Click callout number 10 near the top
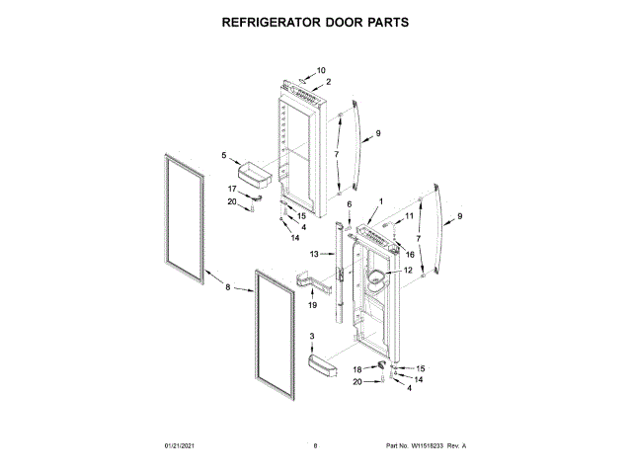320,71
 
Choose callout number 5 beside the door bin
223,156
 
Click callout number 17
233,189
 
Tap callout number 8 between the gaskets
228,288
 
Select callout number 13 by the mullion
315,255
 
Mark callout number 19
312,306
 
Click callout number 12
407,271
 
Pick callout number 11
409,215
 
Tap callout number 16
410,255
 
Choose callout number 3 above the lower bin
312,338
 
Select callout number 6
349,203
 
